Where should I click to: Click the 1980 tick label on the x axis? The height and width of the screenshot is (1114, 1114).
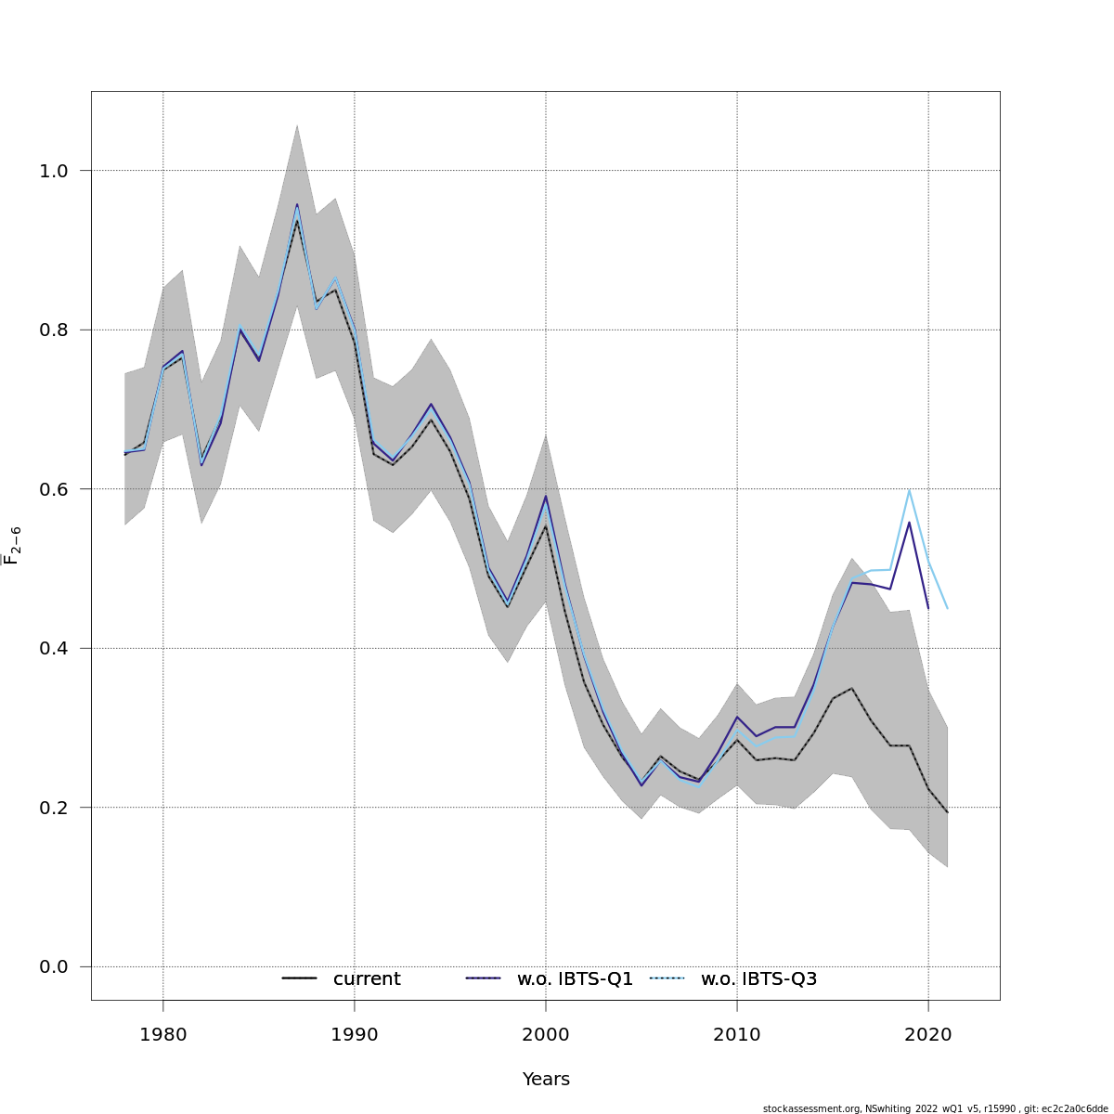click(162, 1034)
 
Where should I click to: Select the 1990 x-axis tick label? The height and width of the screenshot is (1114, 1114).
click(354, 1034)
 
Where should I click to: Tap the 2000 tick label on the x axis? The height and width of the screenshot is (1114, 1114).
click(545, 1034)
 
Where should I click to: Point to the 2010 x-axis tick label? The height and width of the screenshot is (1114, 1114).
click(737, 1034)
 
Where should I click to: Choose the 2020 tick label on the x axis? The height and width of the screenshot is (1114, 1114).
click(928, 1034)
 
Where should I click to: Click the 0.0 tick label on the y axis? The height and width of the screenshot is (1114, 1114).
click(54, 967)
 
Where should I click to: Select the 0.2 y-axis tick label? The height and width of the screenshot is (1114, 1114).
click(54, 808)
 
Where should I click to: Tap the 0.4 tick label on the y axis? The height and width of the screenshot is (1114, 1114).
click(54, 648)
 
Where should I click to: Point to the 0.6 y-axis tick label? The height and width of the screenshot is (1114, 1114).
click(54, 489)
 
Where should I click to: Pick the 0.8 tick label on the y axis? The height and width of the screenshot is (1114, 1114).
click(54, 330)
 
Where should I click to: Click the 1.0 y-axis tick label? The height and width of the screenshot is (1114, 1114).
click(54, 171)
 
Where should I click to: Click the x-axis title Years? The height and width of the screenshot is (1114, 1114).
click(546, 1080)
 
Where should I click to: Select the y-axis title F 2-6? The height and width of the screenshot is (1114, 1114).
click(13, 545)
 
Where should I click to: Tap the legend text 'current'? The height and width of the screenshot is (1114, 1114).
click(367, 979)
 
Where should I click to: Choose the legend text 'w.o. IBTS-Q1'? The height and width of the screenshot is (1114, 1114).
click(575, 979)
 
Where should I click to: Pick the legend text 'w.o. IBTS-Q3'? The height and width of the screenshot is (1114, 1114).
click(758, 979)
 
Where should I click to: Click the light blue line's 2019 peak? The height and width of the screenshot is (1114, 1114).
click(909, 490)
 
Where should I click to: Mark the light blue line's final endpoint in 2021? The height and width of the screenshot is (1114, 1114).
click(947, 608)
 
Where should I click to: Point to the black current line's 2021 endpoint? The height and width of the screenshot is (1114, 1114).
click(947, 812)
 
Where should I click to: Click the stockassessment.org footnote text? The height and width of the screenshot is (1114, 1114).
click(935, 1108)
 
